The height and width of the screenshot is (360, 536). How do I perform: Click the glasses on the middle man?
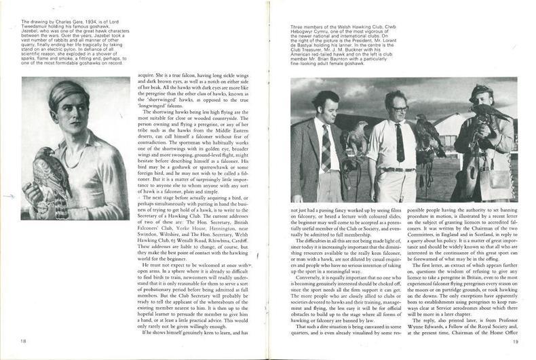(399, 108)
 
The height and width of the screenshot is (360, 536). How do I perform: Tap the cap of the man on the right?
(482, 89)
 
